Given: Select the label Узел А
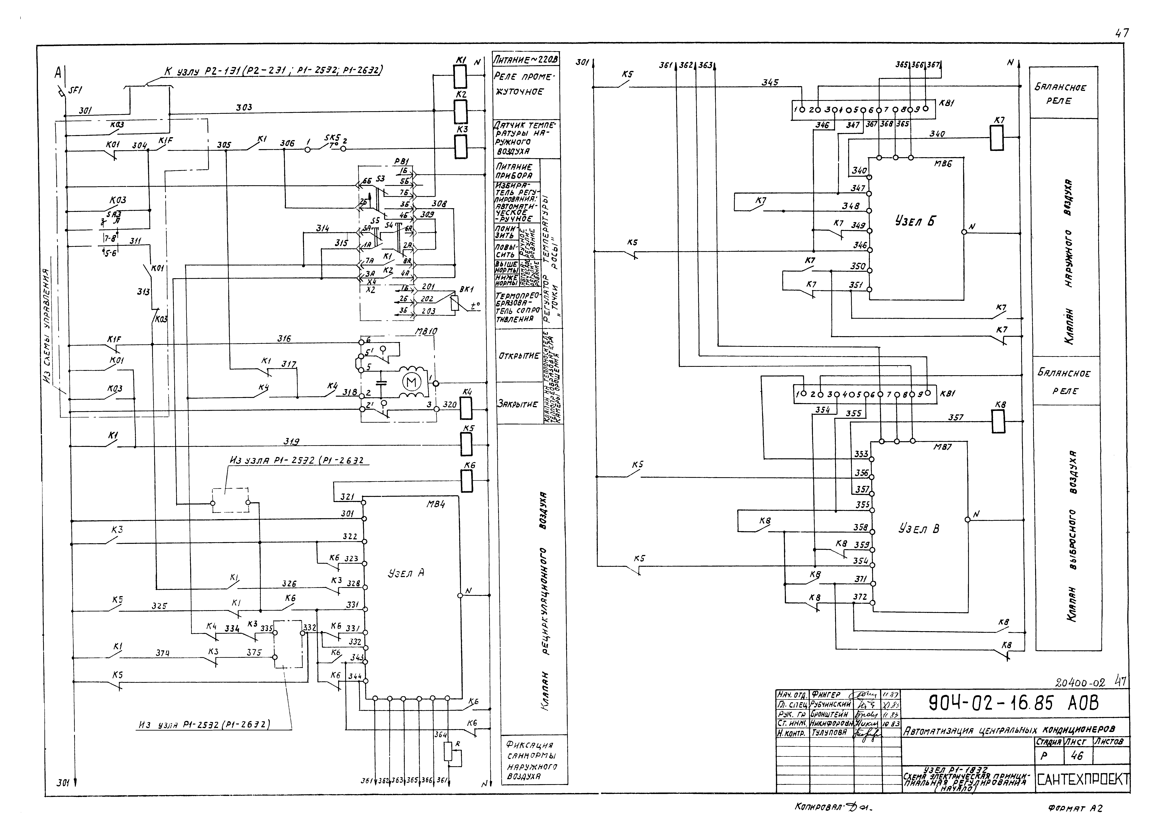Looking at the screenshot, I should point(406,573).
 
